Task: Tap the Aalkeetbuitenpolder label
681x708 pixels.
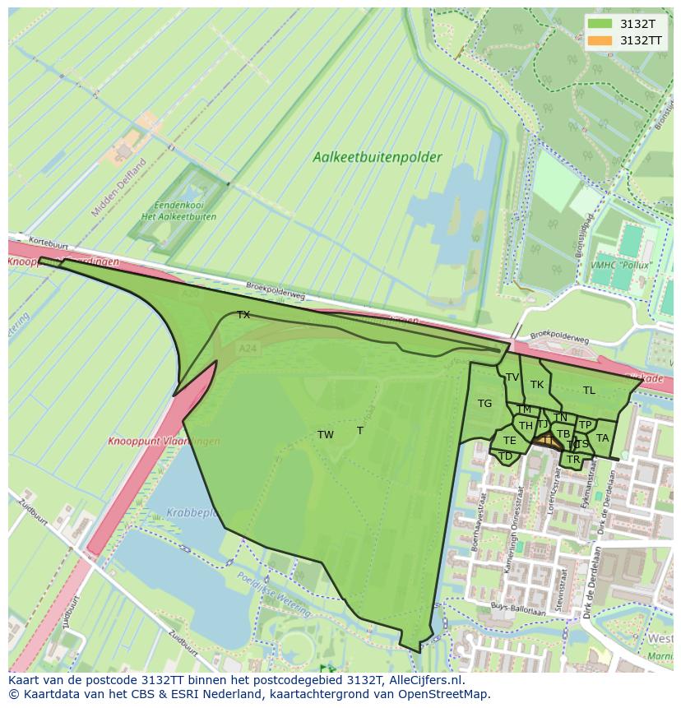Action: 377,157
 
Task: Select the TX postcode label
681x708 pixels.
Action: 243,315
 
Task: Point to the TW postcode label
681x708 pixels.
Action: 326,435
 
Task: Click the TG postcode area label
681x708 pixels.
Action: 484,403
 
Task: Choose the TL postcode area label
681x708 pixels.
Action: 589,391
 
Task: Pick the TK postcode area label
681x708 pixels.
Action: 537,385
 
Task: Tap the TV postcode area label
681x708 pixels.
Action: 512,377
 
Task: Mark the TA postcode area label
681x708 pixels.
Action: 602,438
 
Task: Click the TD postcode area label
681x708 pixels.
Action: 506,456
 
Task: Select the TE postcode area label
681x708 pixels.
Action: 510,441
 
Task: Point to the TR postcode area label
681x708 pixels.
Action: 573,459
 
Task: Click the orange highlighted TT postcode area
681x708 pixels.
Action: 546,442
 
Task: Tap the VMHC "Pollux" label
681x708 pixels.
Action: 620,266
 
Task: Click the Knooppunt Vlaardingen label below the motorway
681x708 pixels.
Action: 164,442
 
